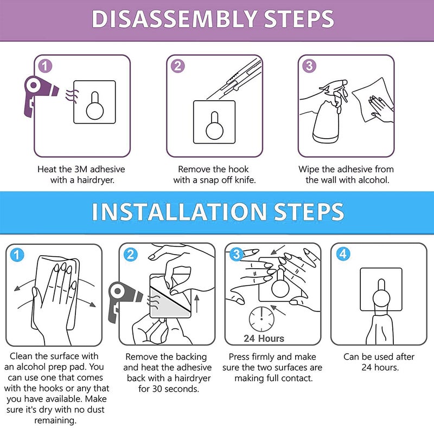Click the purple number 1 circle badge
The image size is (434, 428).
45,66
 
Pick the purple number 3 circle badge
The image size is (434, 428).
309,66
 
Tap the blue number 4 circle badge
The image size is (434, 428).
343,254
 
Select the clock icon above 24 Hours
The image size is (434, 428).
261,319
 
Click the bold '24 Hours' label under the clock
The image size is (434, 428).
264,339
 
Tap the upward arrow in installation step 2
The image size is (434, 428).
197,303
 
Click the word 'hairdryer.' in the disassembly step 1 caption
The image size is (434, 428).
95,180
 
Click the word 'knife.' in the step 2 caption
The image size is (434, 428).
245,180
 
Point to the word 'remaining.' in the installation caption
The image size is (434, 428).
55,420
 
